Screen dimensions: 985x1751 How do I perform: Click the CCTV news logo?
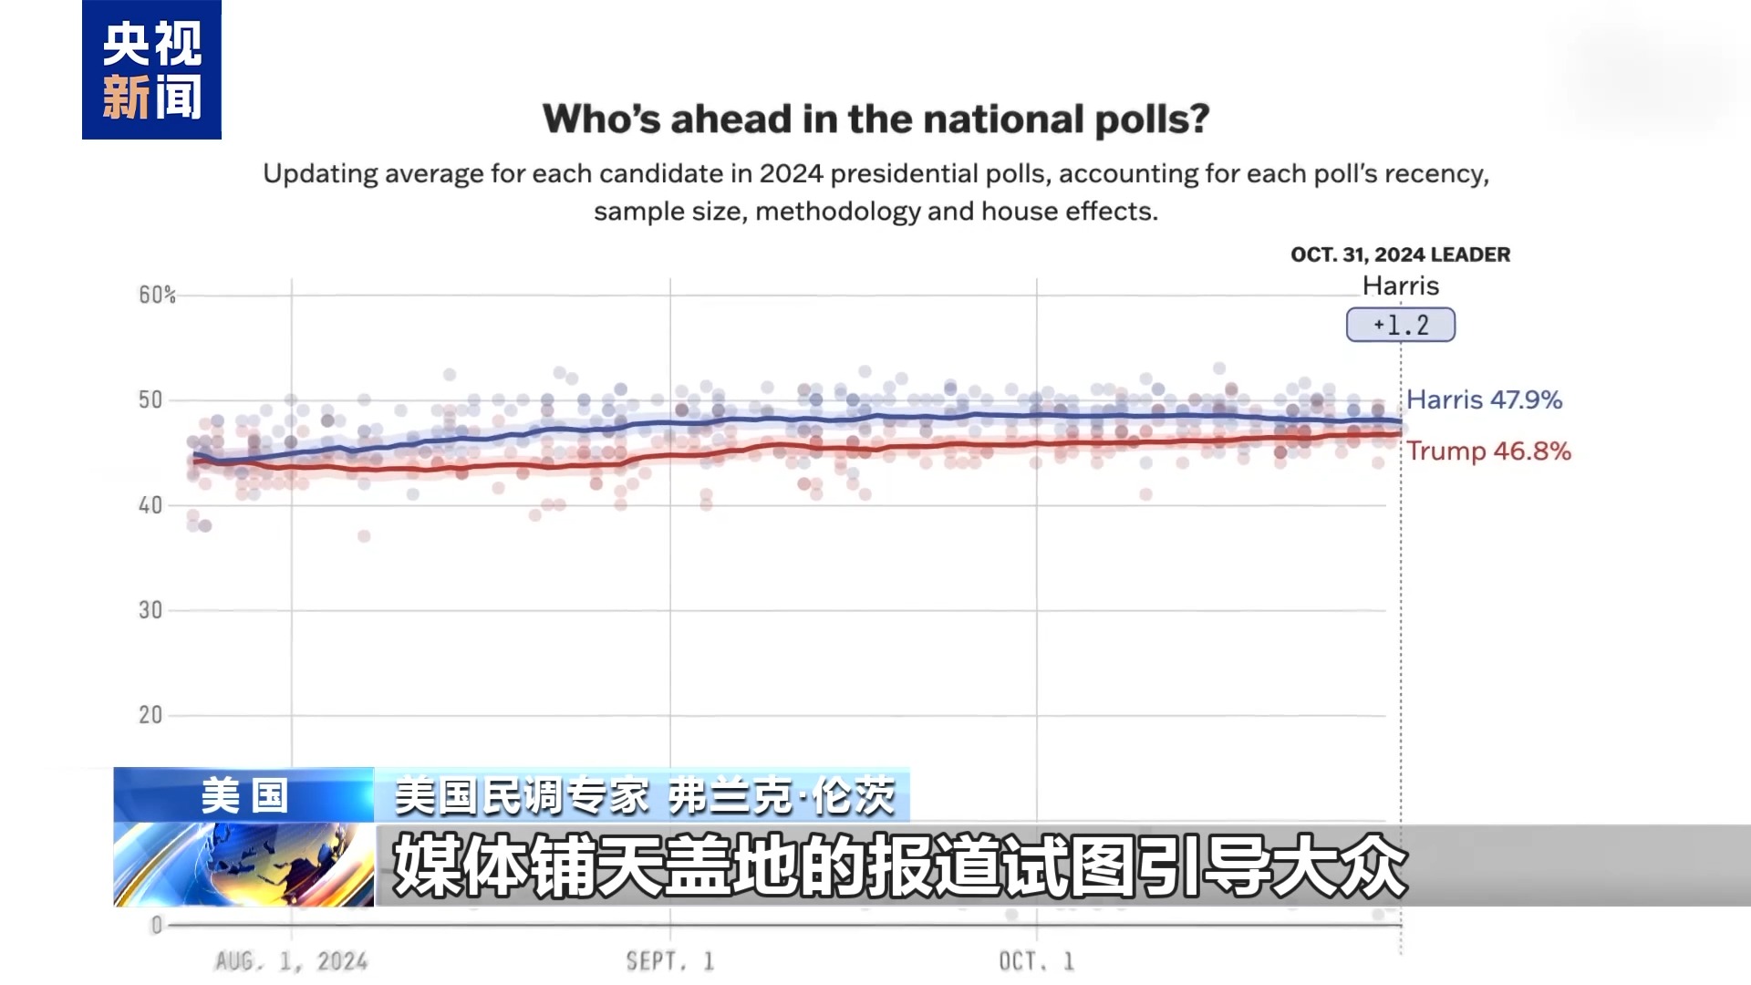coord(151,70)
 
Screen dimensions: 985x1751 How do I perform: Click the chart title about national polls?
coord(875,119)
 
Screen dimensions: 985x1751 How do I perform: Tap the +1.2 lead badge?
coord(1400,325)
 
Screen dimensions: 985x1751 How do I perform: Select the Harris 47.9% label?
coord(1484,399)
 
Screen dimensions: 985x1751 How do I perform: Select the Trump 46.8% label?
coord(1488,451)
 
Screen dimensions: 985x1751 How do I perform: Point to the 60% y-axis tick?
coord(157,295)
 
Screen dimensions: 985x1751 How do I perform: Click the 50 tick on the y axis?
coord(150,399)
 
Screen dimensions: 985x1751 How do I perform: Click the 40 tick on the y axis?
coord(150,505)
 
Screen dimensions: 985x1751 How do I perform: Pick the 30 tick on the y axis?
coord(150,610)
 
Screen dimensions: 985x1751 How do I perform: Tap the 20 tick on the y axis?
coord(150,715)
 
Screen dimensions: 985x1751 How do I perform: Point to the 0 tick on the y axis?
coord(157,925)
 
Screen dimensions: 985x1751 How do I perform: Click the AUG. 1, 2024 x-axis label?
coord(291,961)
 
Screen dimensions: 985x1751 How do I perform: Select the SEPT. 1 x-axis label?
coord(670,961)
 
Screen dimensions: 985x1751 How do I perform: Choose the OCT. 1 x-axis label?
coord(1037,961)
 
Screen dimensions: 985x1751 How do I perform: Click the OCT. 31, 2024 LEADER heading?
coord(1400,254)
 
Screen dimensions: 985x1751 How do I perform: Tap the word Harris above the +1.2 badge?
coord(1400,285)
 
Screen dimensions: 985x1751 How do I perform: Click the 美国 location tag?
coord(244,795)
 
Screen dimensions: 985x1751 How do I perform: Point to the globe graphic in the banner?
coord(244,865)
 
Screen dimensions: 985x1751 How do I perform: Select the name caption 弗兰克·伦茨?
coord(782,796)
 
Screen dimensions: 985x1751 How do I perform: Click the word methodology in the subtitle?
coord(838,212)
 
